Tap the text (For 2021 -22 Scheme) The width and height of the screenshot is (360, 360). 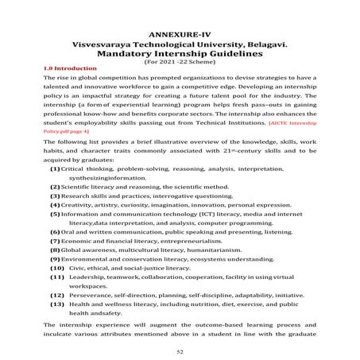tap(179, 65)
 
